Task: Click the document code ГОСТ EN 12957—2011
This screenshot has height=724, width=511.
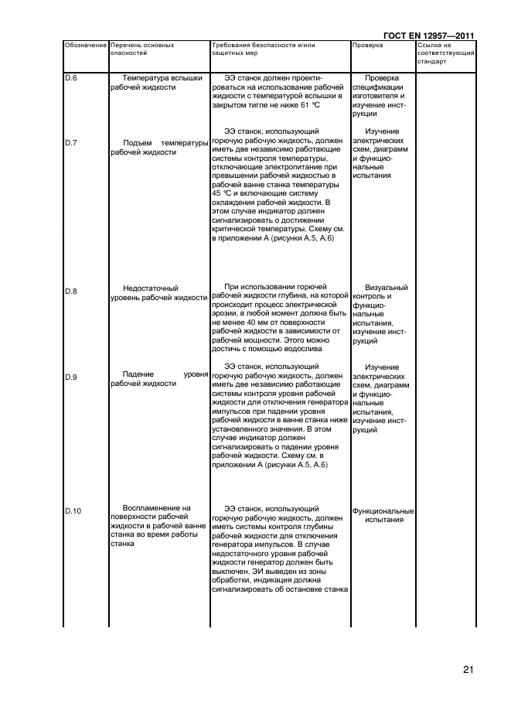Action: (x=429, y=35)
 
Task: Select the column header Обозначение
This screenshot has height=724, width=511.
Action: (x=85, y=46)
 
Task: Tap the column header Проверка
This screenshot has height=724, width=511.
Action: (x=367, y=46)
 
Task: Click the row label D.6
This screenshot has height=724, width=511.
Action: (x=70, y=78)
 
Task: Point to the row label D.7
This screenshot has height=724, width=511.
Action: (x=70, y=143)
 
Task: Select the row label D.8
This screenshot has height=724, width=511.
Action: (x=70, y=291)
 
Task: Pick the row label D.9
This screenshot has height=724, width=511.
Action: (x=70, y=377)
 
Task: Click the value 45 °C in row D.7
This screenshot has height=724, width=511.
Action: (x=221, y=193)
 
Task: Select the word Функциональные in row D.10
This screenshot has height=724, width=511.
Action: (x=383, y=511)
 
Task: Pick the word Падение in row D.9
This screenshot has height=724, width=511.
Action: (x=137, y=374)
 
